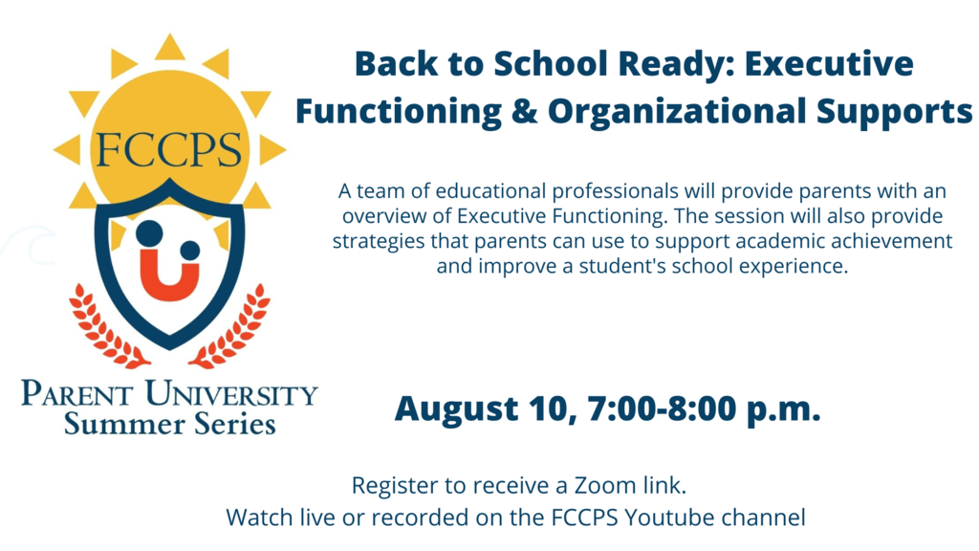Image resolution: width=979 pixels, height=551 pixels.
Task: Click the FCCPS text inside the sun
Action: [168, 150]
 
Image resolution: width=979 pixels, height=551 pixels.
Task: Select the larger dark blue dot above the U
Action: [149, 233]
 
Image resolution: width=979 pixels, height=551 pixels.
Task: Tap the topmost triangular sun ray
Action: [170, 48]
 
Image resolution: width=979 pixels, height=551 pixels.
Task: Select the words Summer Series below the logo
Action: [170, 424]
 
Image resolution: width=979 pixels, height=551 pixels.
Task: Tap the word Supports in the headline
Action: [895, 113]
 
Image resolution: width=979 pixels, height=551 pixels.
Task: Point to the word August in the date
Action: [457, 409]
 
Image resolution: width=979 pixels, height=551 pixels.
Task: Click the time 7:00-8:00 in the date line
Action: [663, 408]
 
